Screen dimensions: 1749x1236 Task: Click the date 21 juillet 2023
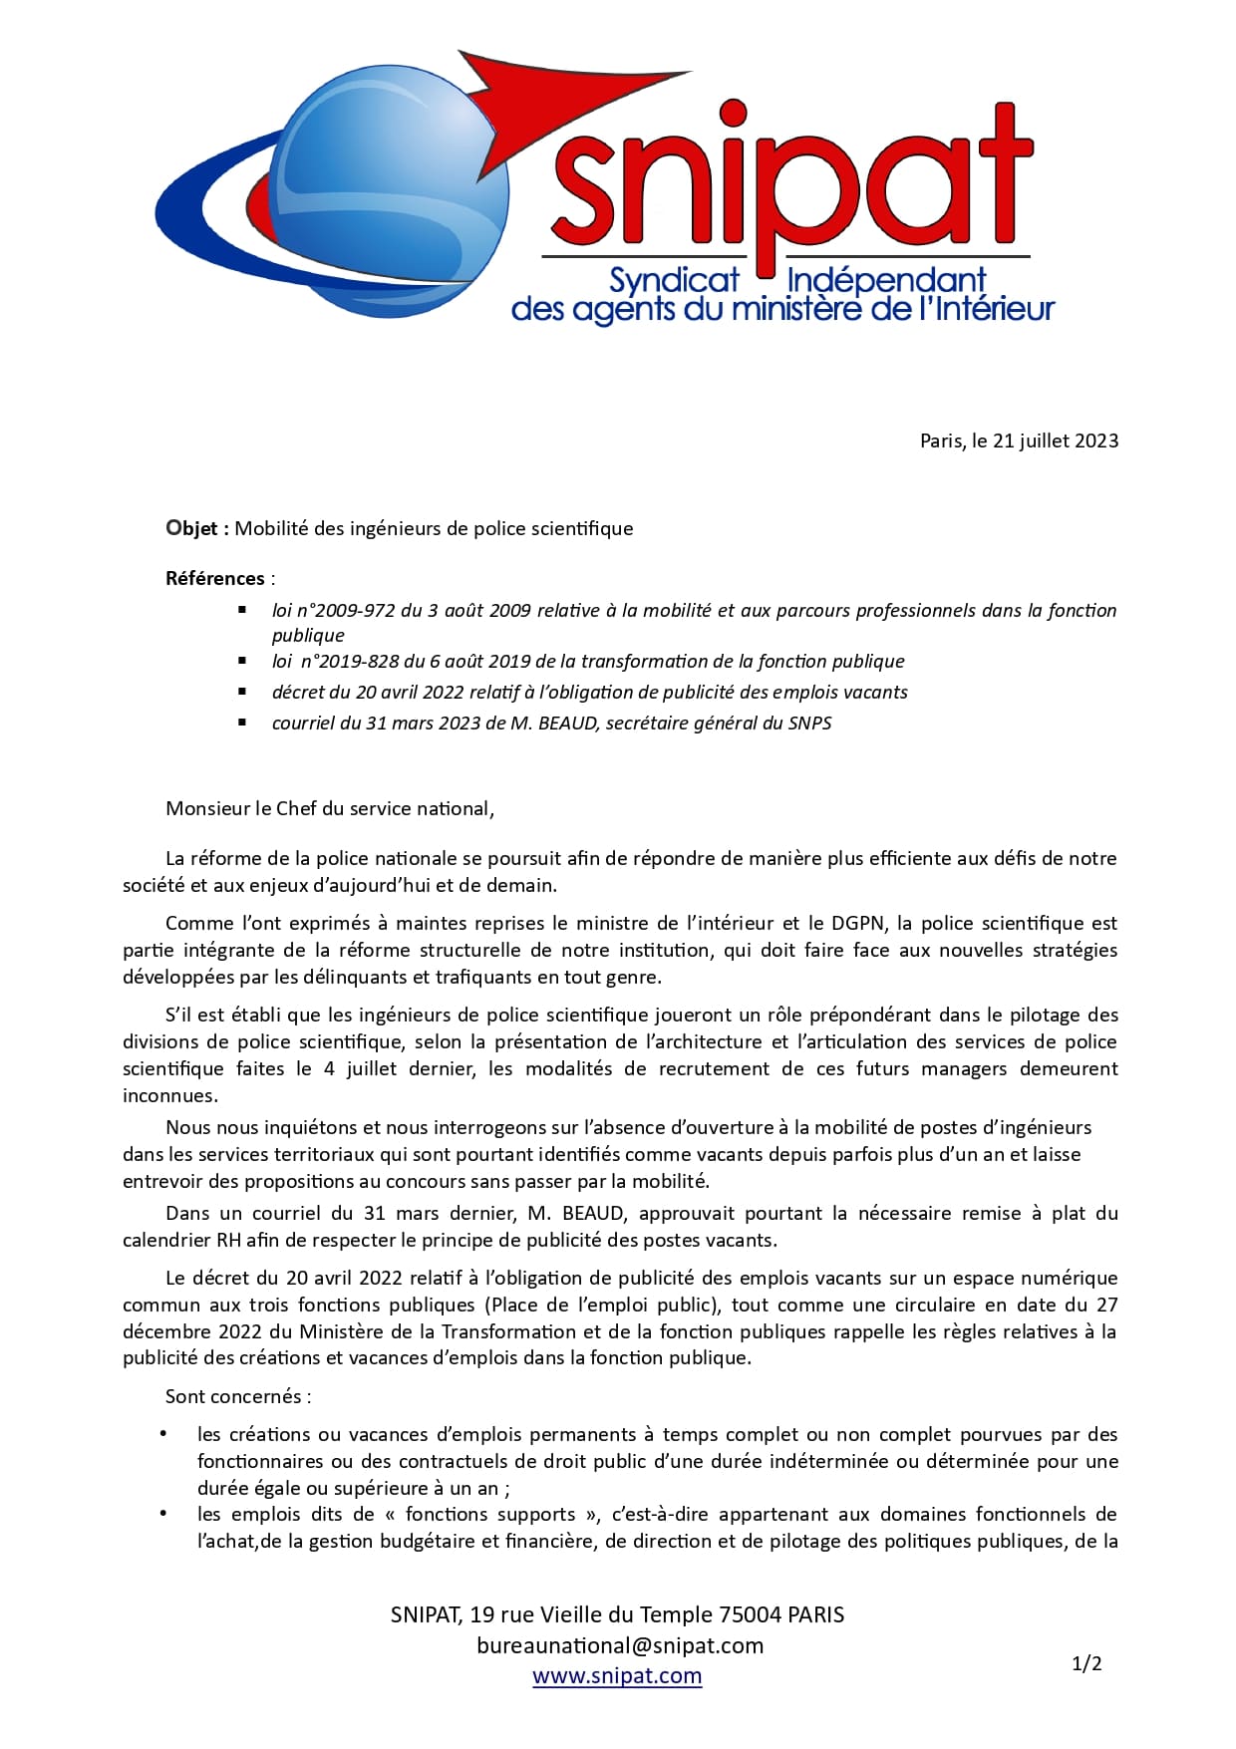1056,440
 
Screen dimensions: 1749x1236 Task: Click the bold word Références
215,578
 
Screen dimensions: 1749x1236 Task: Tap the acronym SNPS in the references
809,723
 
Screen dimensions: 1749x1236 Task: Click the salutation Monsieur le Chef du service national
329,808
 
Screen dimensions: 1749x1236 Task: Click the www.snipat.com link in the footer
617,1675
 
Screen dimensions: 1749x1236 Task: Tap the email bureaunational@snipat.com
620,1645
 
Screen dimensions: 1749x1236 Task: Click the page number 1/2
1086,1663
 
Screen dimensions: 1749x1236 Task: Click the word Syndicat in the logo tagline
674,280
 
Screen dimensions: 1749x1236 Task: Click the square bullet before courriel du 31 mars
242,722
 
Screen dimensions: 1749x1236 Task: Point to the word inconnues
169,1095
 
